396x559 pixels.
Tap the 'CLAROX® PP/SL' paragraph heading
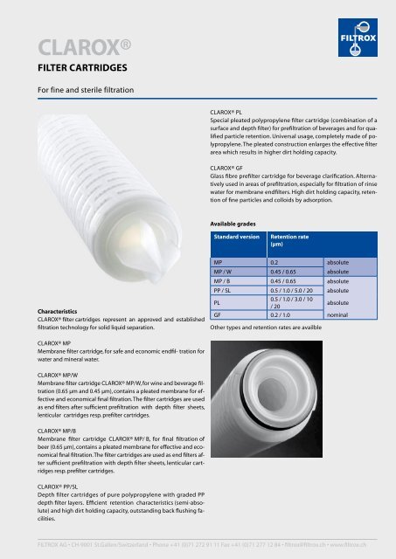[58, 483]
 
